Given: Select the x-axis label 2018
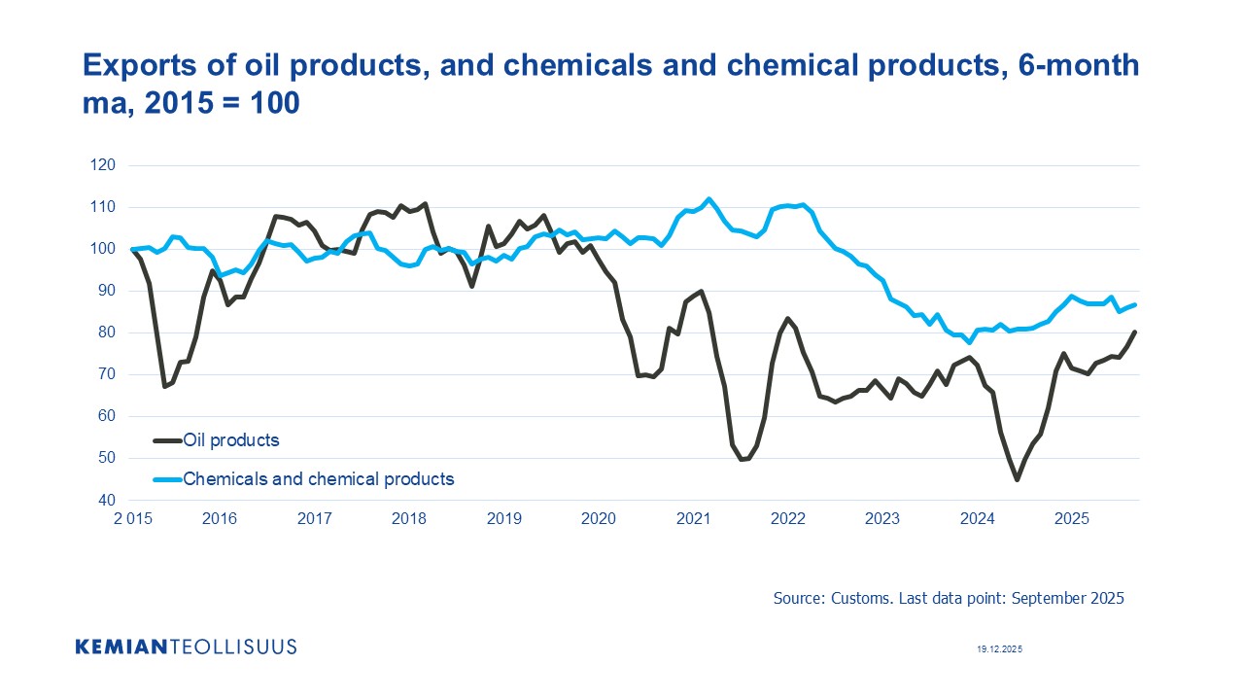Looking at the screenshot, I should (x=408, y=518).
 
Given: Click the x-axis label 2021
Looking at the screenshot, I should (x=693, y=518).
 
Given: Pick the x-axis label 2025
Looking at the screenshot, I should (x=1072, y=518).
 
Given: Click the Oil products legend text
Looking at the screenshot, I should (x=231, y=440).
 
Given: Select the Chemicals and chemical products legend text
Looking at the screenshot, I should (x=319, y=478).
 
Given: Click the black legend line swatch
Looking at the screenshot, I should (x=167, y=440).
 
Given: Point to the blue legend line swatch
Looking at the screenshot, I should (x=167, y=478).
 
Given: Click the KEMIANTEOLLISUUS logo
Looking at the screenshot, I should (x=186, y=647).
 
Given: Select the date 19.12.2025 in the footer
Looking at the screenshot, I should (x=1000, y=648).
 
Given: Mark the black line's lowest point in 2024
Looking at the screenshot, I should (x=1017, y=479).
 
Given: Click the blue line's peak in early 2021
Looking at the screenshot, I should (x=708, y=199).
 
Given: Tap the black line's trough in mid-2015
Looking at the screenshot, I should (x=165, y=386).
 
